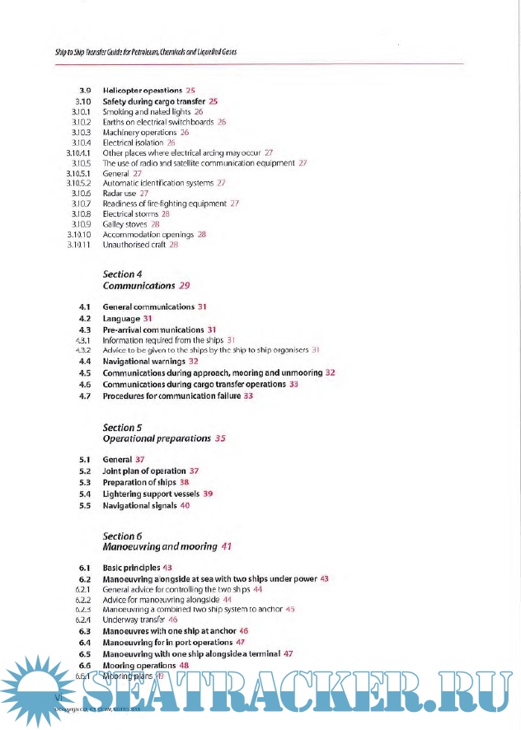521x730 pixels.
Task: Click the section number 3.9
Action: pyautogui.click(x=83, y=89)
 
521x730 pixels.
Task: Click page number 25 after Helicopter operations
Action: pyautogui.click(x=190, y=89)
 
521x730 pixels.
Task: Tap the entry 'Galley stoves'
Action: pyautogui.click(x=124, y=224)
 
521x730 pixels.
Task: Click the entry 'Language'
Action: pyautogui.click(x=121, y=318)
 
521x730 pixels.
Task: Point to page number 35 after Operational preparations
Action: pyautogui.click(x=220, y=439)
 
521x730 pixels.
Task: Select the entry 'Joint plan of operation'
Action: pyautogui.click(x=144, y=470)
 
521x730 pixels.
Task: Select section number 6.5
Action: pyautogui.click(x=83, y=653)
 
